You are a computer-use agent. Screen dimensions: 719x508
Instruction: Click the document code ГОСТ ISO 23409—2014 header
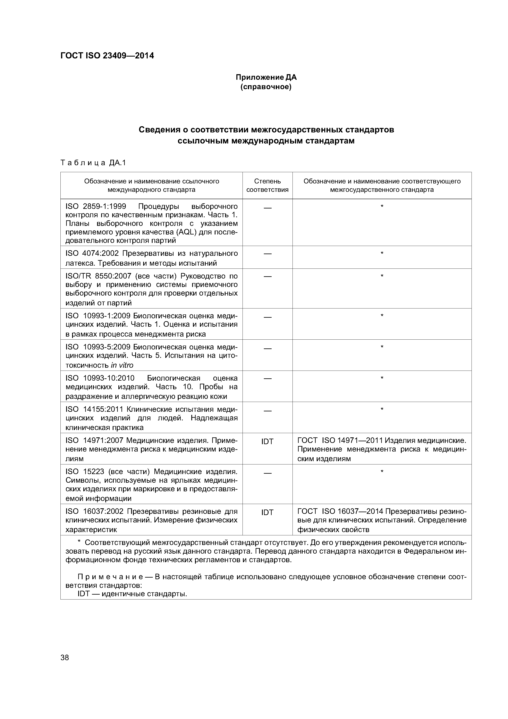tap(107, 56)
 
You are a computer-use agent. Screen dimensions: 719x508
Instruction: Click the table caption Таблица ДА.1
tap(93, 163)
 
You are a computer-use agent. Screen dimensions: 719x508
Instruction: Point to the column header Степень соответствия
tap(267, 185)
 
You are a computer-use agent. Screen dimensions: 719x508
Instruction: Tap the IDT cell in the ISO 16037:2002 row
tap(267, 513)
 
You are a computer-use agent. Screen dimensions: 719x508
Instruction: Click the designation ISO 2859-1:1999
tap(96, 206)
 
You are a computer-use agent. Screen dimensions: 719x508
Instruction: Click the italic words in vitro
tap(122, 365)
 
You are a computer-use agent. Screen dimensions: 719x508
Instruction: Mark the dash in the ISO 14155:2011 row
tap(267, 411)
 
